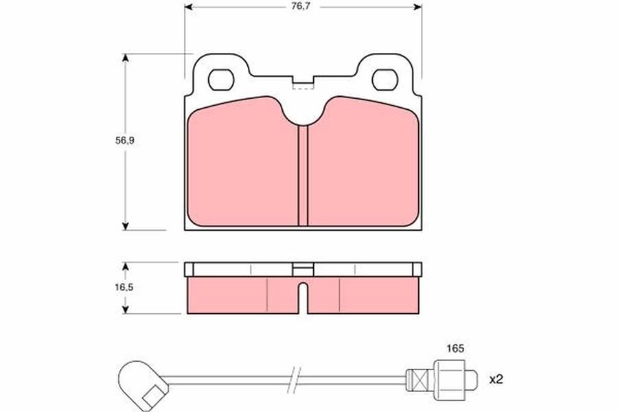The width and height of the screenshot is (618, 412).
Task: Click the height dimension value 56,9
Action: coord(125,140)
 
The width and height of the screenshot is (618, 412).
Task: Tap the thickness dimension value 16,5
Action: coord(124,288)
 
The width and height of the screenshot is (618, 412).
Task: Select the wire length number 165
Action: coord(455,349)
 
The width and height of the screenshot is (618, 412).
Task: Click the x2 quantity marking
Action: coord(496,380)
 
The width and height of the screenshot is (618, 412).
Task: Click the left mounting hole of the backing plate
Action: coord(221,80)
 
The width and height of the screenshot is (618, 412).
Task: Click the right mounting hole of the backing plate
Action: coord(385,80)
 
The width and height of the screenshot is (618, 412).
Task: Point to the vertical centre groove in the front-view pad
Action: coord(303,176)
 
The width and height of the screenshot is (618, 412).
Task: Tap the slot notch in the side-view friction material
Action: coord(303,298)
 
